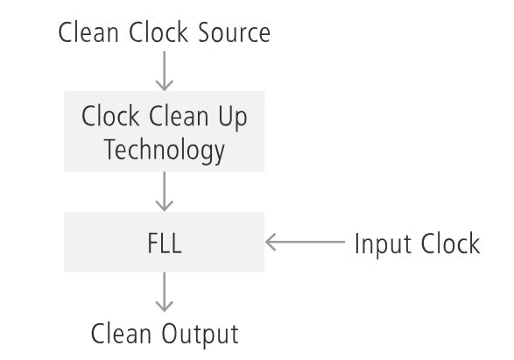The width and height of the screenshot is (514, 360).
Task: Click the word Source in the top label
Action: click(x=234, y=32)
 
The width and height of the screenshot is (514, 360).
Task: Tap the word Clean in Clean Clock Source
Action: click(x=88, y=32)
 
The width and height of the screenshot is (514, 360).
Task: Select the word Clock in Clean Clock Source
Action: click(x=158, y=32)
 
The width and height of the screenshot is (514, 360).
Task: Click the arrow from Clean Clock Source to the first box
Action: click(x=165, y=71)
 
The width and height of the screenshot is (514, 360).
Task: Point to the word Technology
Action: click(x=165, y=150)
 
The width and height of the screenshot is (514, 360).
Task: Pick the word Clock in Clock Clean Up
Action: click(x=110, y=116)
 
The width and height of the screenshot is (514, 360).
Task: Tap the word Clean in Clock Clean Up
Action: click(x=179, y=116)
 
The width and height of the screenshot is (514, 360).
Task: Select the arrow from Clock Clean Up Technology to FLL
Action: click(x=165, y=192)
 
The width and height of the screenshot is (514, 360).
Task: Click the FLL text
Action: click(x=165, y=243)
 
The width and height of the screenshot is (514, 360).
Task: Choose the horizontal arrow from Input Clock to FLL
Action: click(x=306, y=242)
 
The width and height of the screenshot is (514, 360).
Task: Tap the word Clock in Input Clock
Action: click(x=450, y=244)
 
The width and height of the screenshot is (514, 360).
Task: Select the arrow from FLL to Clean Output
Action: click(x=165, y=293)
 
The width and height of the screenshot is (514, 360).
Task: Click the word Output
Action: click(x=200, y=335)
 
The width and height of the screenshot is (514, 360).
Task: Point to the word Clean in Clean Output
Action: click(x=121, y=334)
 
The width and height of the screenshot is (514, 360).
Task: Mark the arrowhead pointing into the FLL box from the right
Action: click(x=271, y=242)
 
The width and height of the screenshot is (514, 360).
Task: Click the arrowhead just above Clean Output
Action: click(x=165, y=307)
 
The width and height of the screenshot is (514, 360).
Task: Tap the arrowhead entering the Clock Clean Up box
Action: click(x=165, y=86)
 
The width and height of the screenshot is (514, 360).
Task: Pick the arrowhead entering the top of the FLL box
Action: click(x=165, y=206)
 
